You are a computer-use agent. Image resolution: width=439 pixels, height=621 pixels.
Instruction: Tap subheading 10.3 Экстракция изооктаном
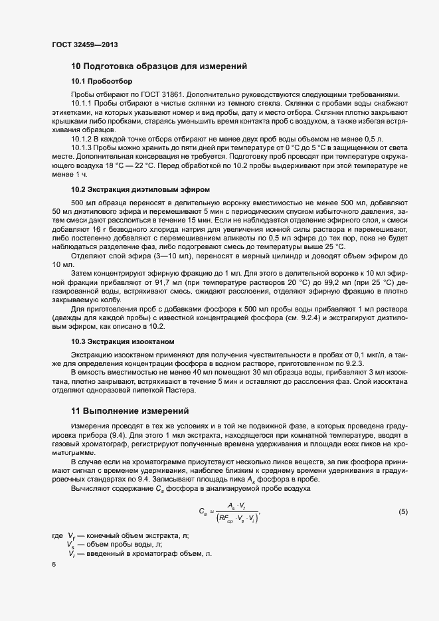[122, 341]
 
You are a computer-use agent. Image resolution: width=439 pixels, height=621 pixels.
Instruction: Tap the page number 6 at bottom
[54, 564]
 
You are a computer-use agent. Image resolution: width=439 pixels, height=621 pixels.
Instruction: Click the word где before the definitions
[57, 535]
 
